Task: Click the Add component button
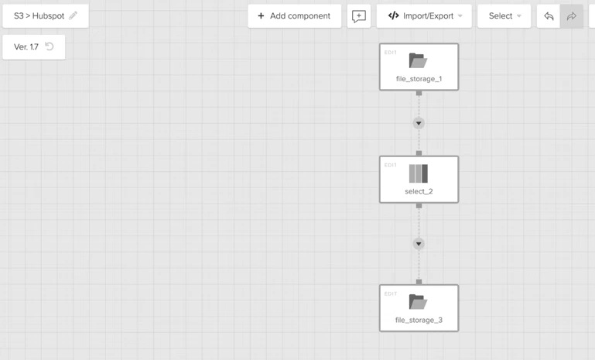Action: [295, 16]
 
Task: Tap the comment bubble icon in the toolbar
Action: [358, 16]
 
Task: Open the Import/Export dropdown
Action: [424, 16]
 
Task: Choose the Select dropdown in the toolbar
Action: [504, 16]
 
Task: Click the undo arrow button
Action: [549, 16]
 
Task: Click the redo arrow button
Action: [572, 16]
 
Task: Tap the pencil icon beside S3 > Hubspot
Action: [74, 15]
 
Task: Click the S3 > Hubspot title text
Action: [39, 16]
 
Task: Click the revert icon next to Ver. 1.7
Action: [50, 46]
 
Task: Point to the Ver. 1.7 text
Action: [26, 46]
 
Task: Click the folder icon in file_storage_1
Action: [418, 60]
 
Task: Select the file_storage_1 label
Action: [419, 79]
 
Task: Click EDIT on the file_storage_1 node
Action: [391, 53]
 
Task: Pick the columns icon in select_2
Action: [419, 173]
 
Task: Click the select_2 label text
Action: [419, 191]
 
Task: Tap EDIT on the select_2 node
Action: [391, 165]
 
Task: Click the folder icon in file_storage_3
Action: [418, 302]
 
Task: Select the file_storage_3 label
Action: [419, 320]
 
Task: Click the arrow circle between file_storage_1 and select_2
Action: [419, 123]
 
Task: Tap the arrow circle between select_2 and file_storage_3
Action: [419, 244]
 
